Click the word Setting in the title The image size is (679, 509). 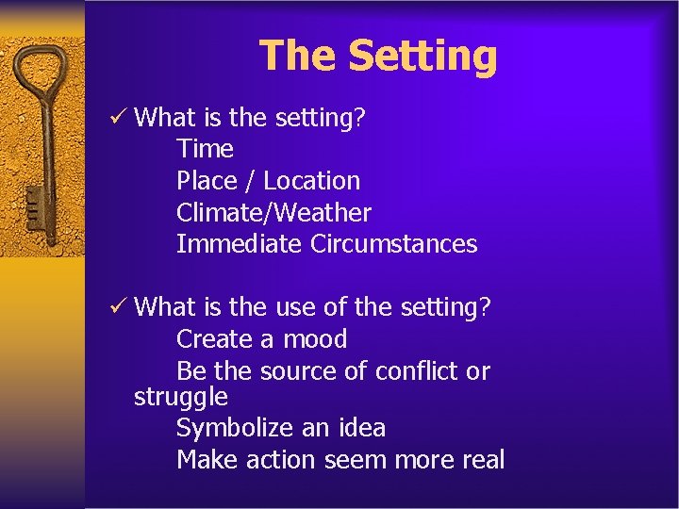coord(422,56)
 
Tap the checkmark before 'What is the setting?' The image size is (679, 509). coord(119,117)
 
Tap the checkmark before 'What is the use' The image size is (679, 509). coord(119,306)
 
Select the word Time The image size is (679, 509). coord(205,149)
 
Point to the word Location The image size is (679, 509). coord(311,181)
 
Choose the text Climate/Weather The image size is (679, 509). coord(273,213)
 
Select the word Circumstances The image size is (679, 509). coord(394,244)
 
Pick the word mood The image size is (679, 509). coord(315,339)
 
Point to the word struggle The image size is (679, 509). coord(181,398)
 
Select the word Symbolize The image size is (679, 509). coord(235,429)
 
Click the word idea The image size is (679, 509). coord(359,429)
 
